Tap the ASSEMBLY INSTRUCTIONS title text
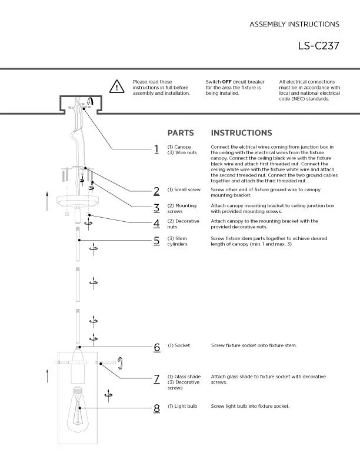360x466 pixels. click(294, 24)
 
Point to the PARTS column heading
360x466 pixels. click(181, 133)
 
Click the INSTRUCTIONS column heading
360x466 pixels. click(241, 133)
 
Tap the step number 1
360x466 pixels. click(156, 149)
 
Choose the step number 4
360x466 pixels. click(156, 224)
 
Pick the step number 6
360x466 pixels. click(157, 347)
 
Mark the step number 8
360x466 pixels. click(157, 408)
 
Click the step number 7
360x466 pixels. click(157, 378)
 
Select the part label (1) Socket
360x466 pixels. click(179, 345)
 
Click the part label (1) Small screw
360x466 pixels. click(184, 190)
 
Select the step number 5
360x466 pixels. click(156, 240)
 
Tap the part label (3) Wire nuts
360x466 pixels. click(182, 152)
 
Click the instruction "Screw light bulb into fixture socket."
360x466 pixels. click(250, 406)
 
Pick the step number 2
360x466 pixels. click(156, 191)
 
